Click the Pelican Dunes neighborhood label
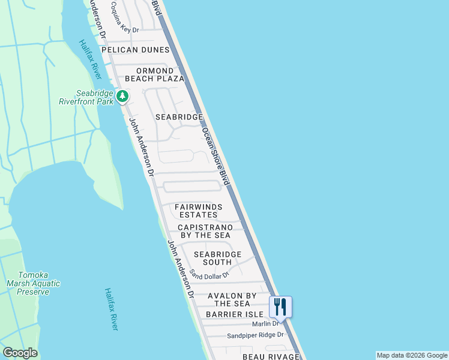click(x=136, y=50)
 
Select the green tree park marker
click(x=122, y=96)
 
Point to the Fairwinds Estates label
click(x=199, y=211)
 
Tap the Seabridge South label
click(x=217, y=258)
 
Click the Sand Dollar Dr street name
click(x=209, y=274)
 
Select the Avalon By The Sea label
click(x=232, y=299)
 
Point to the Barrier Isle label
click(x=234, y=314)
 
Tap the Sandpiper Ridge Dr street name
click(x=255, y=335)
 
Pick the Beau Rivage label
click(x=271, y=357)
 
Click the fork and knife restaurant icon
click(x=280, y=307)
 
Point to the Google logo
click(x=20, y=353)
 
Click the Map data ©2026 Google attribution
click(x=412, y=355)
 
